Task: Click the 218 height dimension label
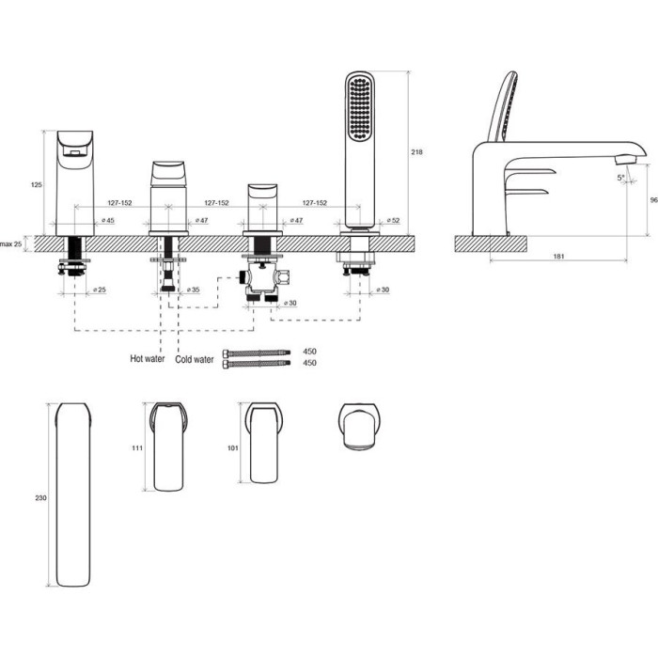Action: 416,152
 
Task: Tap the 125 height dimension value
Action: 37,184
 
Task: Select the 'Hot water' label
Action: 148,358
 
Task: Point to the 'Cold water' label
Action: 195,359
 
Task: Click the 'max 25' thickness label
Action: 10,243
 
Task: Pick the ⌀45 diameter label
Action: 108,220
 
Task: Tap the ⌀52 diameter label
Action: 393,220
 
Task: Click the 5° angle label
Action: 621,178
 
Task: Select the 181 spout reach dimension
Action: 558,257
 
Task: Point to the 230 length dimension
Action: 40,498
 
